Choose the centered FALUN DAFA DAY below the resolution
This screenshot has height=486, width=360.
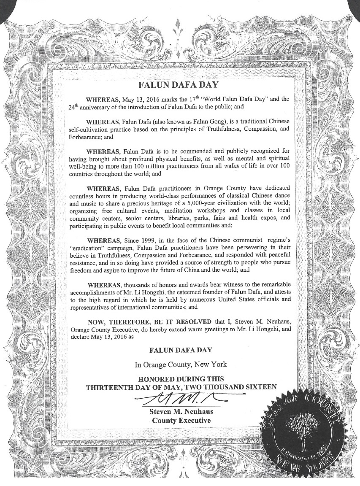pyautogui.click(x=180, y=349)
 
